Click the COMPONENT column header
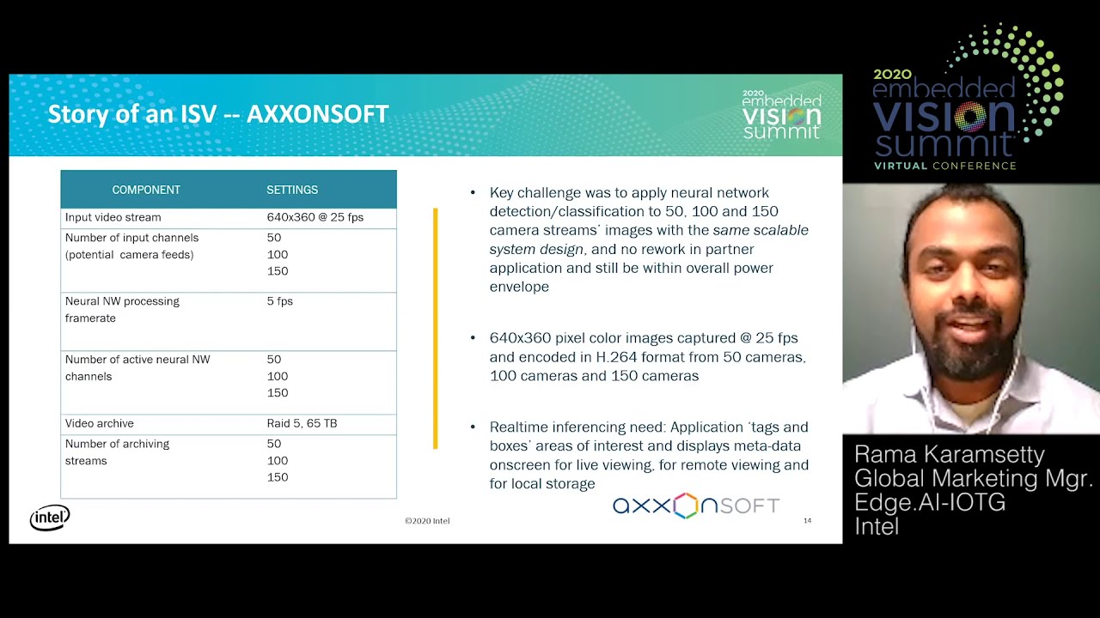click(146, 190)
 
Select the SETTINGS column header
click(292, 190)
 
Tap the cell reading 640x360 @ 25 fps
click(315, 217)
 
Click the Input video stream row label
click(113, 217)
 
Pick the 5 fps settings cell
click(280, 301)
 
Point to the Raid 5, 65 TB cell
click(302, 423)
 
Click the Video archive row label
click(99, 423)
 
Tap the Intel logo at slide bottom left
click(50, 518)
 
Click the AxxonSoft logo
click(696, 506)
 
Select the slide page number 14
click(807, 520)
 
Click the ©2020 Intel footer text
click(427, 521)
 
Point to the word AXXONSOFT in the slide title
click(318, 114)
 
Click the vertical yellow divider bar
click(435, 329)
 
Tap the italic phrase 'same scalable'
click(761, 230)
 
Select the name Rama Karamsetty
click(949, 454)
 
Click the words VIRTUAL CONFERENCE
click(944, 166)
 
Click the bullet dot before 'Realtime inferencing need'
click(473, 427)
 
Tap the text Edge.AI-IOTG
click(930, 502)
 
